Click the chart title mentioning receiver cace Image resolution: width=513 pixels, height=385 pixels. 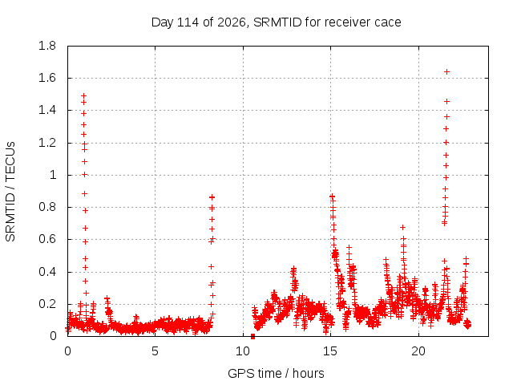tap(276, 22)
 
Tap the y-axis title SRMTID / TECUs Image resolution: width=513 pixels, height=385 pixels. tap(10, 192)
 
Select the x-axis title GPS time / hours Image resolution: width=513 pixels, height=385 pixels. tap(276, 373)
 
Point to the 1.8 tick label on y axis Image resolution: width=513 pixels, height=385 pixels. tap(47, 46)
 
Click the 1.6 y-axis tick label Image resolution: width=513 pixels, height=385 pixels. tap(47, 78)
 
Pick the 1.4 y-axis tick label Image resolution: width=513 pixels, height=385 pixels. tap(47, 111)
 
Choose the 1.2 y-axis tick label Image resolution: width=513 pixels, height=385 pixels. tap(47, 143)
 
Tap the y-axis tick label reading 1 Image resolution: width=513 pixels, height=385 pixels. tap(53, 175)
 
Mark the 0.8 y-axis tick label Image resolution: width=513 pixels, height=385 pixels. tap(47, 207)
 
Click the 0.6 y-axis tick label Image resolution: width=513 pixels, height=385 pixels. tap(47, 239)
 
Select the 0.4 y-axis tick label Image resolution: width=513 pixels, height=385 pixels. tap(47, 272)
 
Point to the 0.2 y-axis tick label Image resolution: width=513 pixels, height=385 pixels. tap(47, 304)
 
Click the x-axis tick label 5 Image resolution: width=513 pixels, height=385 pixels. tap(155, 351)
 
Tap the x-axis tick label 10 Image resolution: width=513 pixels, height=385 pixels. tap(243, 351)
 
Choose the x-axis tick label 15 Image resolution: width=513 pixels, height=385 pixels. tap(330, 351)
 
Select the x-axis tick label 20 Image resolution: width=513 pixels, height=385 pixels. tap(418, 351)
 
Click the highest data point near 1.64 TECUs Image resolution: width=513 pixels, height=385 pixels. tap(446, 71)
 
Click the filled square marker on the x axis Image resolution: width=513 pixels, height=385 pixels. tap(252, 336)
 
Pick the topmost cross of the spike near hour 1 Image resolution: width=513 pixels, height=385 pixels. tap(83, 96)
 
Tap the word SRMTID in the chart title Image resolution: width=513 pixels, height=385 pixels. tap(277, 22)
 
